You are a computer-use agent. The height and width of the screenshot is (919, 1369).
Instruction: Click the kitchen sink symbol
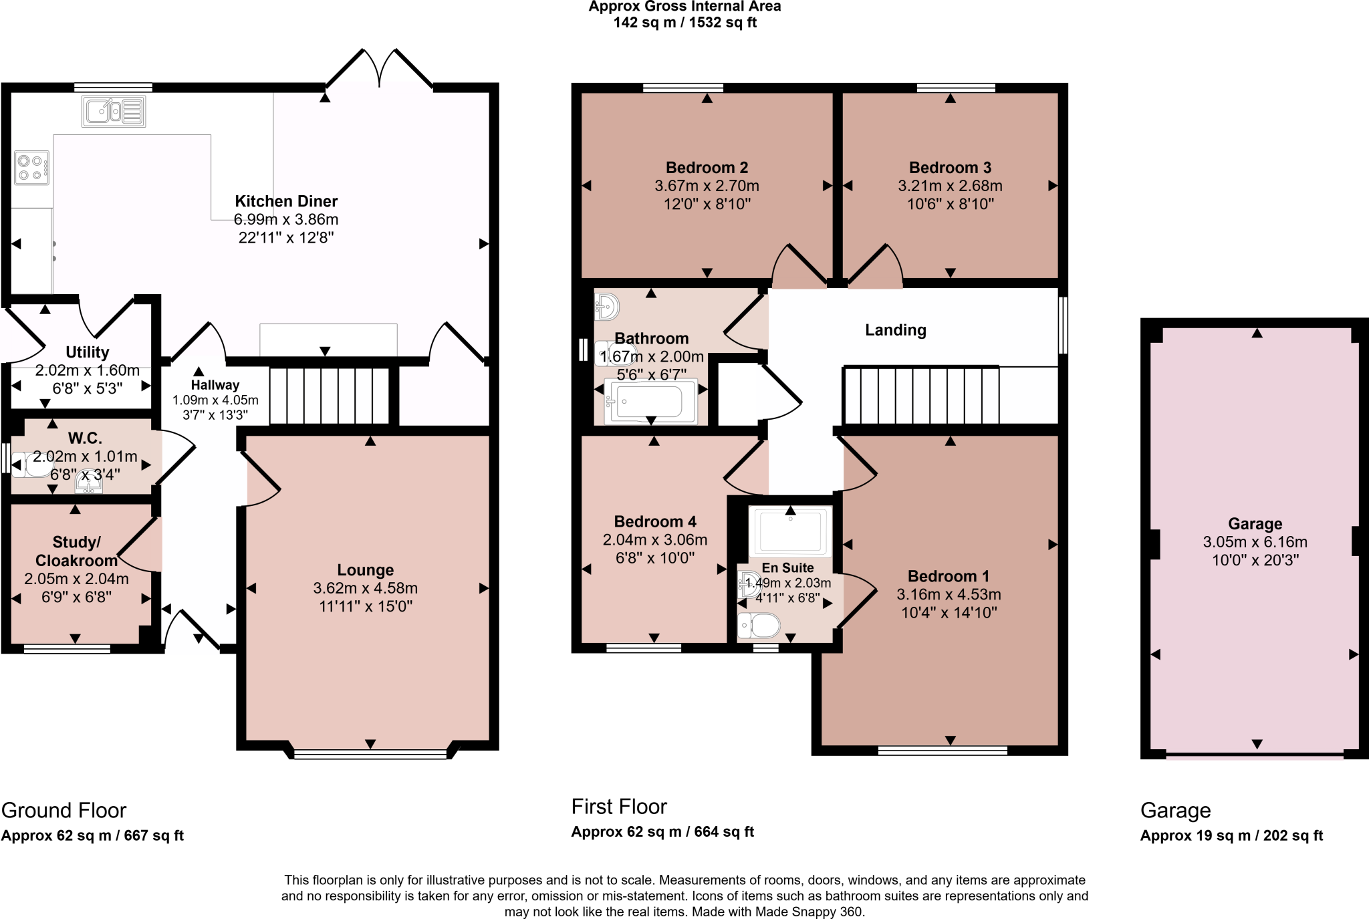pyautogui.click(x=114, y=111)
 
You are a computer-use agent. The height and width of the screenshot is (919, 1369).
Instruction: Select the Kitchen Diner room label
pyautogui.click(x=286, y=201)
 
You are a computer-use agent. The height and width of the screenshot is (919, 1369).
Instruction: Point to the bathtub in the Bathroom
pyautogui.click(x=650, y=401)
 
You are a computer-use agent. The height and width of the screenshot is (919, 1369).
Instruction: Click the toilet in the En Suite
pyautogui.click(x=759, y=626)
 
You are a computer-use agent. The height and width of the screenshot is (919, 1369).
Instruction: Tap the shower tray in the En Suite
pyautogui.click(x=790, y=531)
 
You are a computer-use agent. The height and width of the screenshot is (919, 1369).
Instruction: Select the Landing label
pyautogui.click(x=895, y=330)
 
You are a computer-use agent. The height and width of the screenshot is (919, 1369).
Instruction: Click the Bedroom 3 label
pyautogui.click(x=950, y=168)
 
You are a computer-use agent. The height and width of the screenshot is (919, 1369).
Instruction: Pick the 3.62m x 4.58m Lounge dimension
pyautogui.click(x=365, y=588)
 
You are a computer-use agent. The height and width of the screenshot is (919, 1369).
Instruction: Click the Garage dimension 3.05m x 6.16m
pyautogui.click(x=1255, y=542)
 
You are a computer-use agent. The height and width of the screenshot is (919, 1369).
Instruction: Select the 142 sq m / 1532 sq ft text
pyautogui.click(x=684, y=23)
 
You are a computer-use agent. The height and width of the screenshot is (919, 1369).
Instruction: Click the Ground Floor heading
pyautogui.click(x=64, y=810)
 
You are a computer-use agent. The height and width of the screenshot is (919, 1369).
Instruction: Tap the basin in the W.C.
pyautogui.click(x=88, y=482)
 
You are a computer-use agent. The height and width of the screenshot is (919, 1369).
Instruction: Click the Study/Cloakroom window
pyautogui.click(x=67, y=648)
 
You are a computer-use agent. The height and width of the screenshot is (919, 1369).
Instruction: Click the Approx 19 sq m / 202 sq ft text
pyautogui.click(x=1231, y=835)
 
